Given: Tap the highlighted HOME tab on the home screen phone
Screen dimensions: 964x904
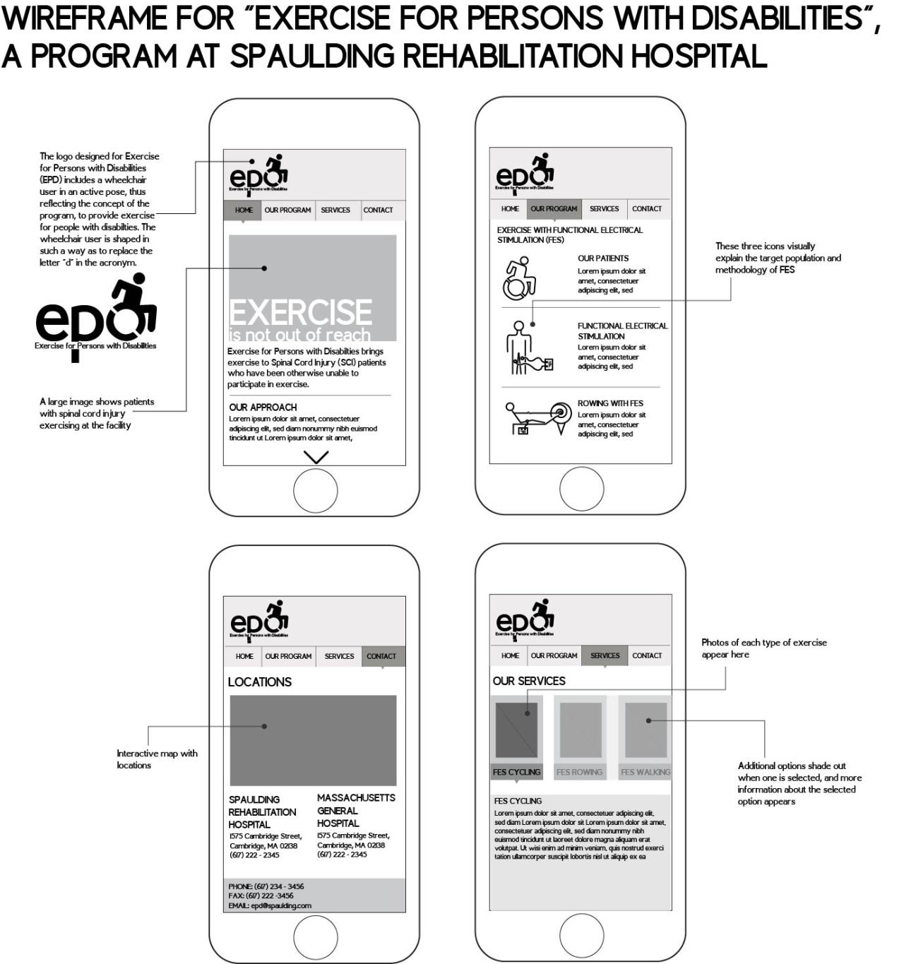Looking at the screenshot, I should tap(243, 210).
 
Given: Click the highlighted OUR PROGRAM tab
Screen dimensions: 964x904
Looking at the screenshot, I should tap(554, 208).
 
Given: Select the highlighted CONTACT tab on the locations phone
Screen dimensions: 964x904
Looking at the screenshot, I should tap(381, 656).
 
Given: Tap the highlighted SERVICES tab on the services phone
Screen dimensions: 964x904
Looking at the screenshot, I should tap(605, 655).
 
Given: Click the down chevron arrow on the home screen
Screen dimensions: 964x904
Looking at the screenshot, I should tap(315, 457).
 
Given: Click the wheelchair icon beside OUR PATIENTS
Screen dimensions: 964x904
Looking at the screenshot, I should tap(520, 278).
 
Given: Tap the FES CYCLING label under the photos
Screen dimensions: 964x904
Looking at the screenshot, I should tap(516, 772).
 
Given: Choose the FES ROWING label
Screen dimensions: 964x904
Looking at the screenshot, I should tap(579, 772).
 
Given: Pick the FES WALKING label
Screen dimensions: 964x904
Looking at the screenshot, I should tap(646, 772).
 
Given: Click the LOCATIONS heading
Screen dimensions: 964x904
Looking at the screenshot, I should tap(259, 682).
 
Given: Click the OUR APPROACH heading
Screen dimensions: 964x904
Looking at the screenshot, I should tap(263, 407).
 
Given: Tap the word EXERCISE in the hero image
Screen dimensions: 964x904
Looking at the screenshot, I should tap(300, 313).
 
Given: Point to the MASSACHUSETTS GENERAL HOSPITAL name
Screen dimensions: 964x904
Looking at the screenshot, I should tap(355, 810).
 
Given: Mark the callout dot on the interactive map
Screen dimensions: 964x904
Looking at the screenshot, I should tap(264, 726).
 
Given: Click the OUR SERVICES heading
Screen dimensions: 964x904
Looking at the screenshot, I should tap(529, 681).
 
